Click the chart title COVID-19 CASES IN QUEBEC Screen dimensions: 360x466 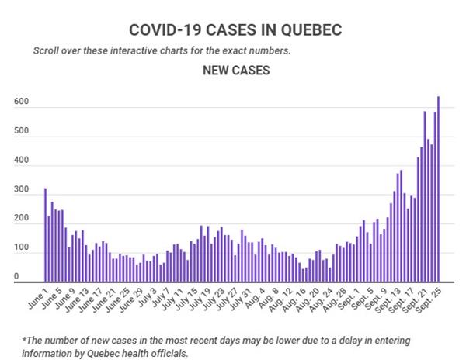coord(235,29)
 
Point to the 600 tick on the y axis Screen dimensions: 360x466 coord(20,102)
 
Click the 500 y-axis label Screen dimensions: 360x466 coord(20,131)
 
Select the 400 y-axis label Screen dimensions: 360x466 coord(20,161)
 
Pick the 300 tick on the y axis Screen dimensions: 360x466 coord(20,189)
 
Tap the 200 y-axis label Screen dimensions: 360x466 coord(20,219)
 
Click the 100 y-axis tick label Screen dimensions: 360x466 coord(20,248)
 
